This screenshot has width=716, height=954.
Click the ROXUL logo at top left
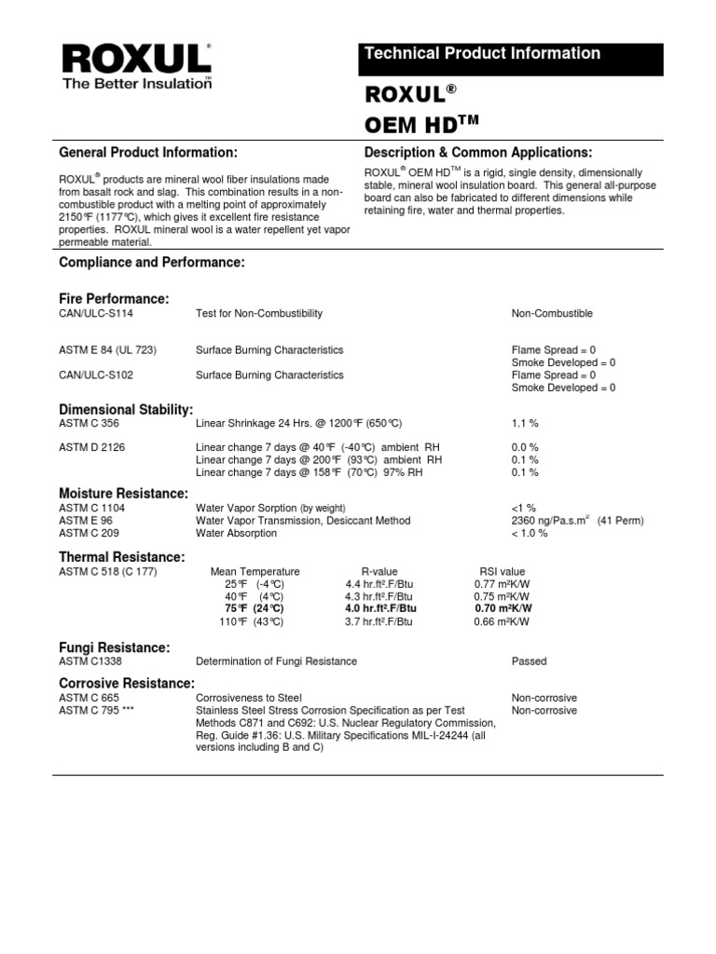(136, 64)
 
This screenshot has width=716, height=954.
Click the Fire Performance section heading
(114, 298)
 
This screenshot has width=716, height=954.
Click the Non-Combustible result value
(552, 314)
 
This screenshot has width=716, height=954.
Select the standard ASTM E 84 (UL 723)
(107, 350)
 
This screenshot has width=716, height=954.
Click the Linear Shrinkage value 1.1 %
(525, 423)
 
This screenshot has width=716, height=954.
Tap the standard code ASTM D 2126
(92, 447)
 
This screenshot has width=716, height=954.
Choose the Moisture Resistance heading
(124, 493)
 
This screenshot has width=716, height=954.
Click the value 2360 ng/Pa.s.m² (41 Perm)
(577, 520)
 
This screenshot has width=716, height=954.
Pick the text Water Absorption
(236, 533)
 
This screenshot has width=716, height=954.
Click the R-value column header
(379, 571)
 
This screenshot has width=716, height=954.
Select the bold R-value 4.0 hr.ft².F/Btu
(380, 607)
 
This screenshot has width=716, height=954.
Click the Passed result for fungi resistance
(529, 661)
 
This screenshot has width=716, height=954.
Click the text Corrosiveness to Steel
(249, 697)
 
